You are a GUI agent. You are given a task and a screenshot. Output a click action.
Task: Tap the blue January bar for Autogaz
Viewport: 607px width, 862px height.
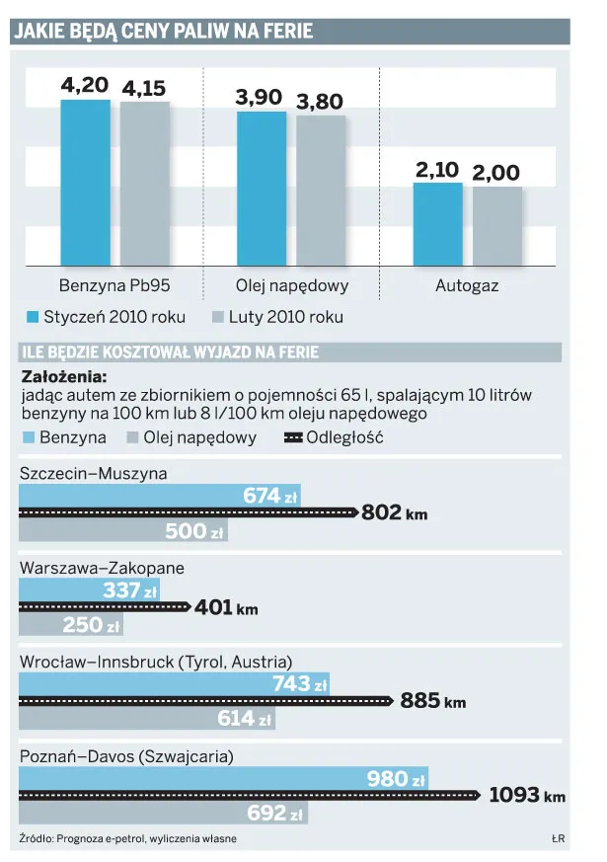[x=436, y=224]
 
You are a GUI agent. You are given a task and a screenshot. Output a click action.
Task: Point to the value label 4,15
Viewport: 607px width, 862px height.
[x=144, y=89]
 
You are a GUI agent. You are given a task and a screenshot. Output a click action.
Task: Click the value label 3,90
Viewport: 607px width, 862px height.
[x=259, y=98]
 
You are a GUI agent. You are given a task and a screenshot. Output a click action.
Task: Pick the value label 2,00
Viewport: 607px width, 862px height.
[x=495, y=173]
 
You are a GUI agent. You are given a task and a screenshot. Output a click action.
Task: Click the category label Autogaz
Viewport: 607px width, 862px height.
[x=467, y=287]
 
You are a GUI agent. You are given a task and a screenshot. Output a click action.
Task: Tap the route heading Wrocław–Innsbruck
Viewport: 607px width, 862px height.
[x=155, y=661]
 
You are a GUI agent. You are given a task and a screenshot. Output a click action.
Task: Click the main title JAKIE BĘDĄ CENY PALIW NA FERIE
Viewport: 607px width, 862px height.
[x=163, y=32]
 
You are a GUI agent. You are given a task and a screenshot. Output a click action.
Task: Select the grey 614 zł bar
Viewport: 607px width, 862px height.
[x=148, y=719]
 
